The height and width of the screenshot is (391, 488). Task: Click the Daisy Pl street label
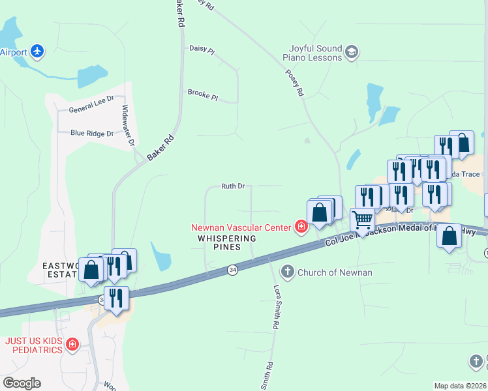click(202, 50)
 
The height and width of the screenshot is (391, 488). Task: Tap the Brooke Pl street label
click(202, 94)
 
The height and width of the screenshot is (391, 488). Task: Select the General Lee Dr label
click(91, 109)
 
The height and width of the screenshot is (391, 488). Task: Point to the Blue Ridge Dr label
click(92, 133)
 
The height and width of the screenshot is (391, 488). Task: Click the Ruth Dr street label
click(233, 186)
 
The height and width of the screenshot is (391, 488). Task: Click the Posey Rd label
click(295, 84)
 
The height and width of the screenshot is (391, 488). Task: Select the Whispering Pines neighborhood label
click(227, 242)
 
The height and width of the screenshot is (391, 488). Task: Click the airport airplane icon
click(38, 51)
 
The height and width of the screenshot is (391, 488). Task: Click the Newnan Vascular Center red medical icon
click(301, 227)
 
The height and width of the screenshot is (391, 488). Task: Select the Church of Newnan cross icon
click(287, 271)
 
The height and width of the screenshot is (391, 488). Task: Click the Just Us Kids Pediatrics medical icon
click(73, 344)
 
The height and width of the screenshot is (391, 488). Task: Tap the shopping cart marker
click(363, 220)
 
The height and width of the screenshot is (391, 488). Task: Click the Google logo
click(22, 383)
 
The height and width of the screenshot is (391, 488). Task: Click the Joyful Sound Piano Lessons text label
click(313, 53)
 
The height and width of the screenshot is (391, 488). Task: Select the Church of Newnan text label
click(335, 272)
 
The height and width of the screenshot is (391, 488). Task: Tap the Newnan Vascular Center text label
click(240, 227)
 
